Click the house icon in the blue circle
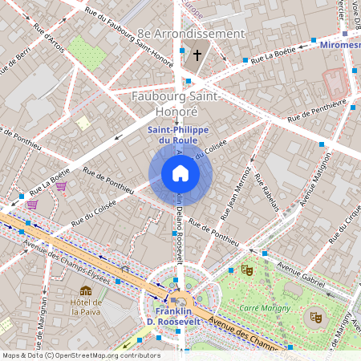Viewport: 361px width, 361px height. click(180, 172)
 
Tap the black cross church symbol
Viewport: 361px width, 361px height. click(197, 56)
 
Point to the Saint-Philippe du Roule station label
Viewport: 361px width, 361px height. click(180, 136)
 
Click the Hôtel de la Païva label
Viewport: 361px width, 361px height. click(86, 307)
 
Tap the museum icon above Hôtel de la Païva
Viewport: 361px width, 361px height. click(86, 290)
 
